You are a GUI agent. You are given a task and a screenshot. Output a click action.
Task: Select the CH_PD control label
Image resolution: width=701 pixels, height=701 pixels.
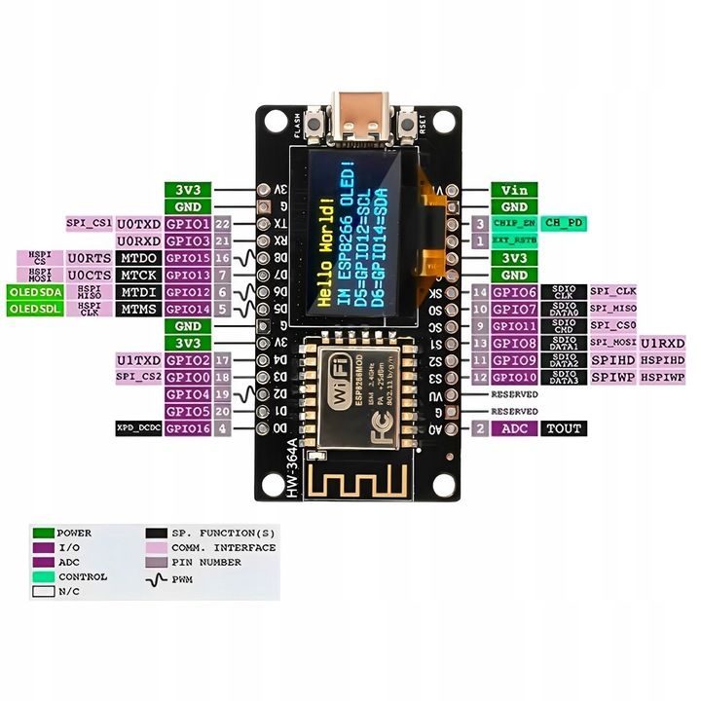coord(565,223)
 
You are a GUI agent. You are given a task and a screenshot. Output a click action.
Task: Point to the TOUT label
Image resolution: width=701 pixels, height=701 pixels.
coord(563,428)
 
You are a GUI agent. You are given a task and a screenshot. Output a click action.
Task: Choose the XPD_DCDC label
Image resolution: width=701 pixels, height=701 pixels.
coord(138,428)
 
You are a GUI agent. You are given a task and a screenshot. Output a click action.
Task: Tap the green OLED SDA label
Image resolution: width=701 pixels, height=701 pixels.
coord(35,292)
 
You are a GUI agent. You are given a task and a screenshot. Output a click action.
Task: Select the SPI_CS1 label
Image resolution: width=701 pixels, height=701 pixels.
coord(89,223)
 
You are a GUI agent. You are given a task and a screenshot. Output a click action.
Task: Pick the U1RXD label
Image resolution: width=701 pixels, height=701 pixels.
coord(664,343)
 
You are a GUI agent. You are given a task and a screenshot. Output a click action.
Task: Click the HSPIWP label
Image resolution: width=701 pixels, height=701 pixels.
coord(664,377)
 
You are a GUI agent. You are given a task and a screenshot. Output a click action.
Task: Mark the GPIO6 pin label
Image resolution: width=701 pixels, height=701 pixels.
coord(514,292)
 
